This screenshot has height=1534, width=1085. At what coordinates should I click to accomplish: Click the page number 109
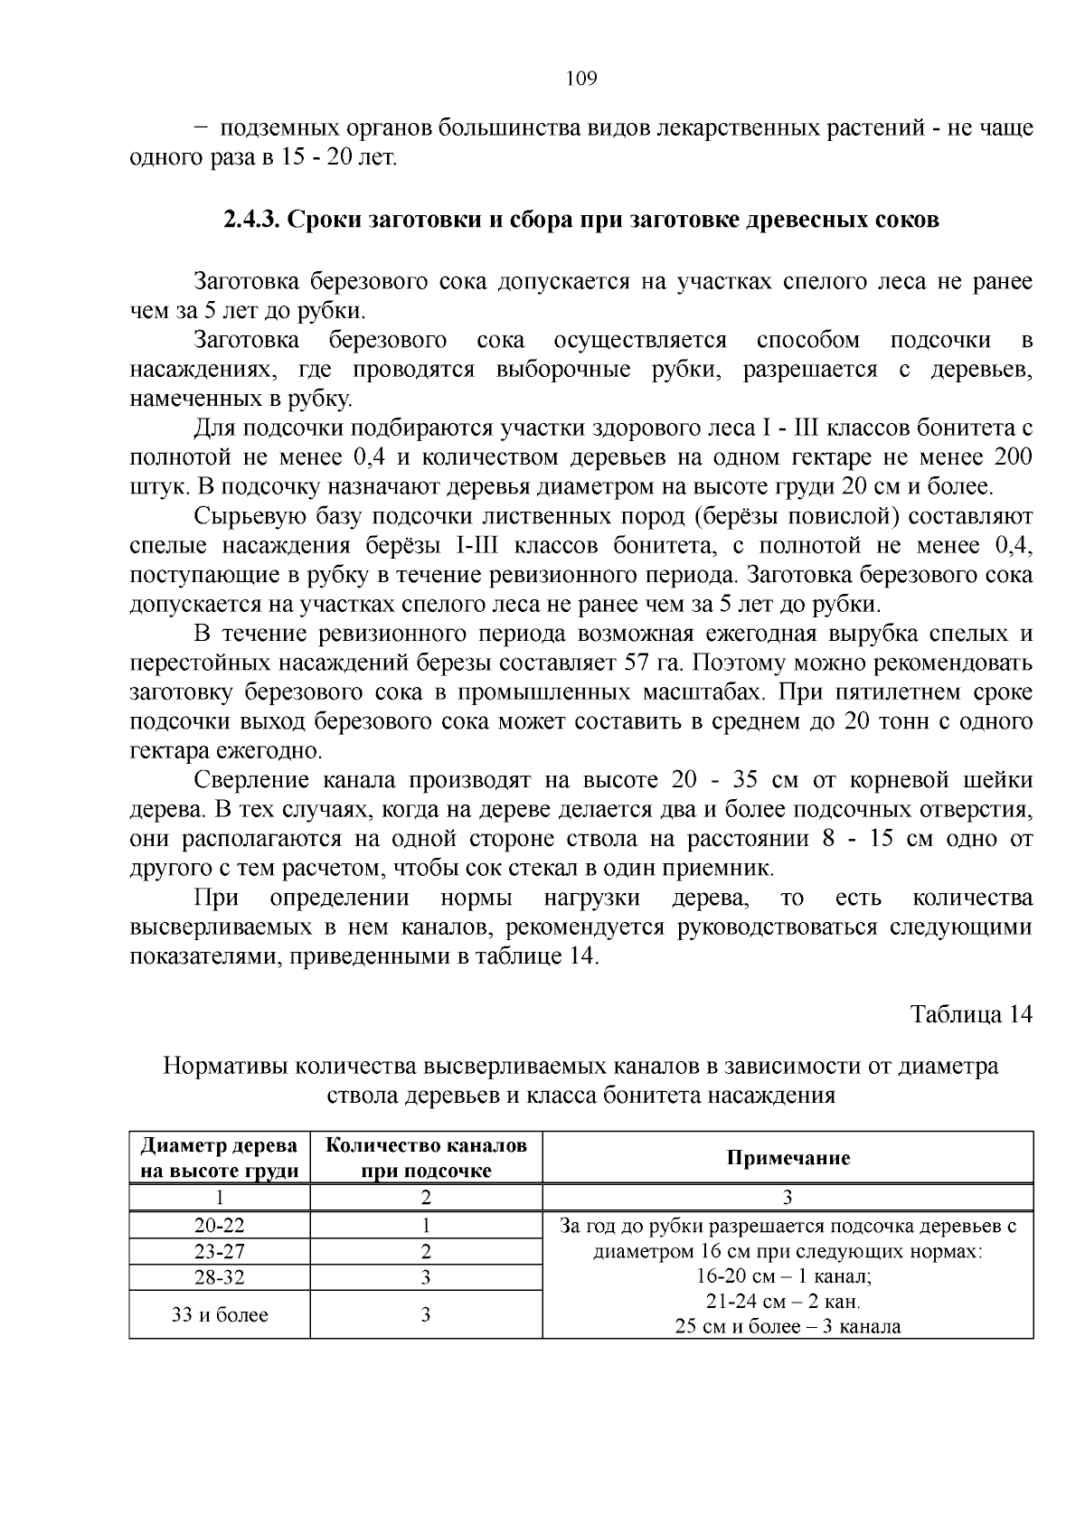581,79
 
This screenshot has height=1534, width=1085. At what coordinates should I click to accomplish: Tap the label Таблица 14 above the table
971,1013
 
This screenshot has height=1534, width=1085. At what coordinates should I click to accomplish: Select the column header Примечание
788,1158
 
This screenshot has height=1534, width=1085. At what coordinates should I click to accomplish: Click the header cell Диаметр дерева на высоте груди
220,1158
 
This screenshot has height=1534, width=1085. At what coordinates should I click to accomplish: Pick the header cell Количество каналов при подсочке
426,1158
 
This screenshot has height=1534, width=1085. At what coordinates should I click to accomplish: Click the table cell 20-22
220,1226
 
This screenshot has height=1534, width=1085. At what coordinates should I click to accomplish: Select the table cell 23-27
220,1252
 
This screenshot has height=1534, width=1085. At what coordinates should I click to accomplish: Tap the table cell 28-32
220,1277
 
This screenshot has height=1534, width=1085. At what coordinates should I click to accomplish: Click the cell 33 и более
220,1314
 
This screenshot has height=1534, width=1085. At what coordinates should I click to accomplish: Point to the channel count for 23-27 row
426,1252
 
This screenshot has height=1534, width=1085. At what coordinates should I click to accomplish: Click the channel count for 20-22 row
426,1226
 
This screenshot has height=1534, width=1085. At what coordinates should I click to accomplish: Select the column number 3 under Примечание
788,1198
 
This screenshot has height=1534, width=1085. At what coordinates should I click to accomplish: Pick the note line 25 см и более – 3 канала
788,1327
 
